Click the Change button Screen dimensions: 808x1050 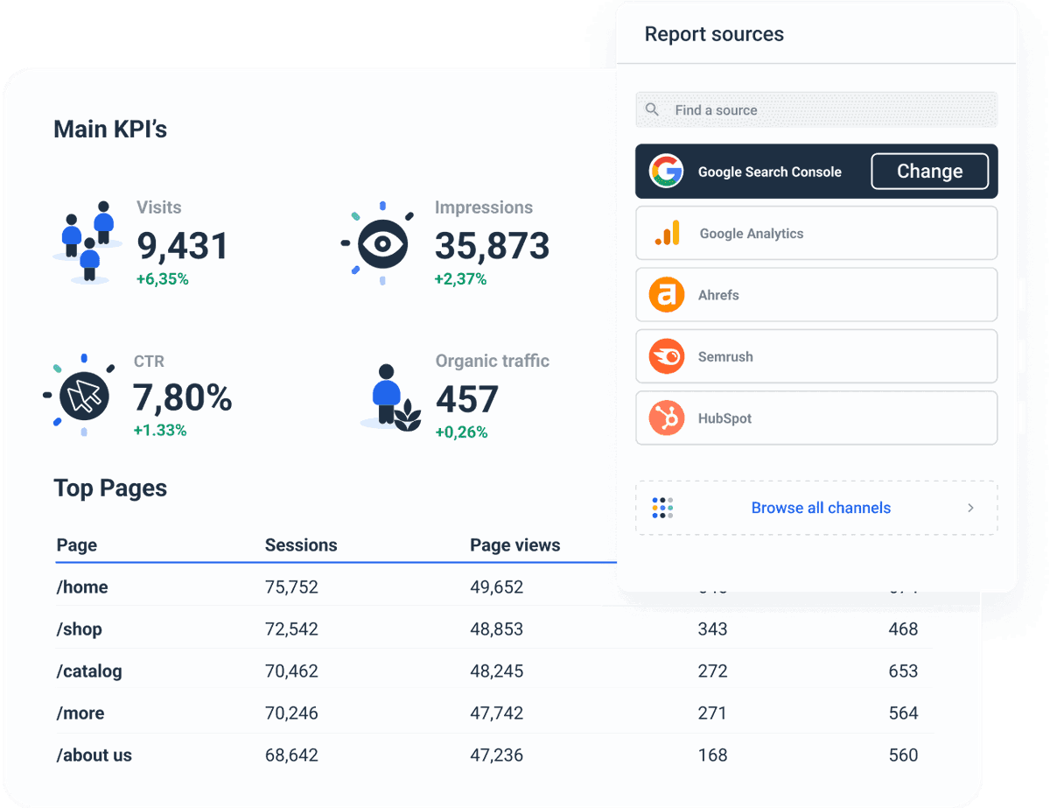tap(929, 172)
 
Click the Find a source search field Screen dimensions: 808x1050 tap(815, 110)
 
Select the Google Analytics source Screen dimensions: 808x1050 tap(815, 234)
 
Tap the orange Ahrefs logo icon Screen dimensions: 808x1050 tap(667, 295)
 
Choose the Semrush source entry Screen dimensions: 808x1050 tap(815, 357)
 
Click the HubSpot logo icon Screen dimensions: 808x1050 tap(667, 418)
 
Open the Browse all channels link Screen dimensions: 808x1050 tap(820, 508)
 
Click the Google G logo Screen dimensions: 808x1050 tap(667, 172)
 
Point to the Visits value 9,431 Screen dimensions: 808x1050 tap(182, 247)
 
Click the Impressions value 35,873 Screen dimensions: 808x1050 tap(492, 247)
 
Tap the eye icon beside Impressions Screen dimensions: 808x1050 tap(382, 241)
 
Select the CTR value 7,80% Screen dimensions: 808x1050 tap(182, 398)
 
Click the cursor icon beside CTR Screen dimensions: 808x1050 tap(84, 396)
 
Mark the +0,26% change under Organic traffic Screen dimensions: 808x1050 tap(461, 432)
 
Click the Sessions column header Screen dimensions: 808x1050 tap(300, 545)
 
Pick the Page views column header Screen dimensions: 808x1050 tap(514, 545)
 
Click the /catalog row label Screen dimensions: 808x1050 tap(89, 671)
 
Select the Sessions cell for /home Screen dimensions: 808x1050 tap(291, 587)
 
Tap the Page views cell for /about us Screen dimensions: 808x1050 tap(496, 755)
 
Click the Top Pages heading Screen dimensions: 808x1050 tap(110, 488)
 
